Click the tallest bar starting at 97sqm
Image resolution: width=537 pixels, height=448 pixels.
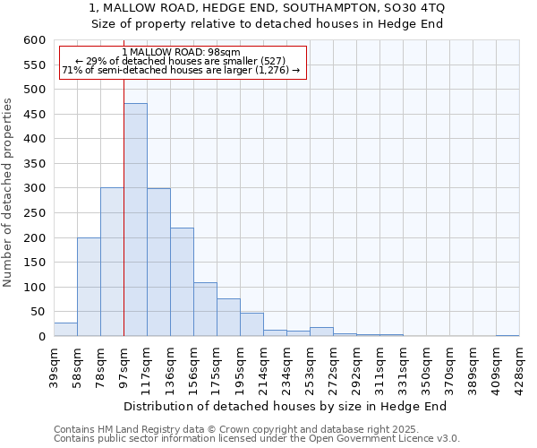[135, 220]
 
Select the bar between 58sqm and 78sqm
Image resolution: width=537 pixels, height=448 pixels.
[89, 287]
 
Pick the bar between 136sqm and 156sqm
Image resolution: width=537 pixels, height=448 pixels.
[182, 282]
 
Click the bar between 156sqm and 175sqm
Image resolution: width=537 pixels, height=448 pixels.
[205, 310]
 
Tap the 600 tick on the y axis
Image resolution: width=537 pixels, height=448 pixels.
[34, 40]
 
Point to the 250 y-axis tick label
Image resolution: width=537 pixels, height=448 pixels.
[34, 213]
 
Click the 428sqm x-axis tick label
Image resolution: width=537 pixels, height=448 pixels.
[520, 367]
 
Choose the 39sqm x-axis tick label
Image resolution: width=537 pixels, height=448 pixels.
[55, 367]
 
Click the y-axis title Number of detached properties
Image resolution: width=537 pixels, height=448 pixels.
[9, 193]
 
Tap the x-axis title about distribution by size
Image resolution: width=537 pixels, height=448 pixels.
[285, 406]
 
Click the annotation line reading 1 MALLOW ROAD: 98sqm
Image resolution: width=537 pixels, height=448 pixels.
[181, 53]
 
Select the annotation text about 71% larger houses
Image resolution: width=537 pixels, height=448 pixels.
[181, 71]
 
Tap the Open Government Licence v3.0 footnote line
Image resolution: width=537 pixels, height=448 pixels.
[257, 438]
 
